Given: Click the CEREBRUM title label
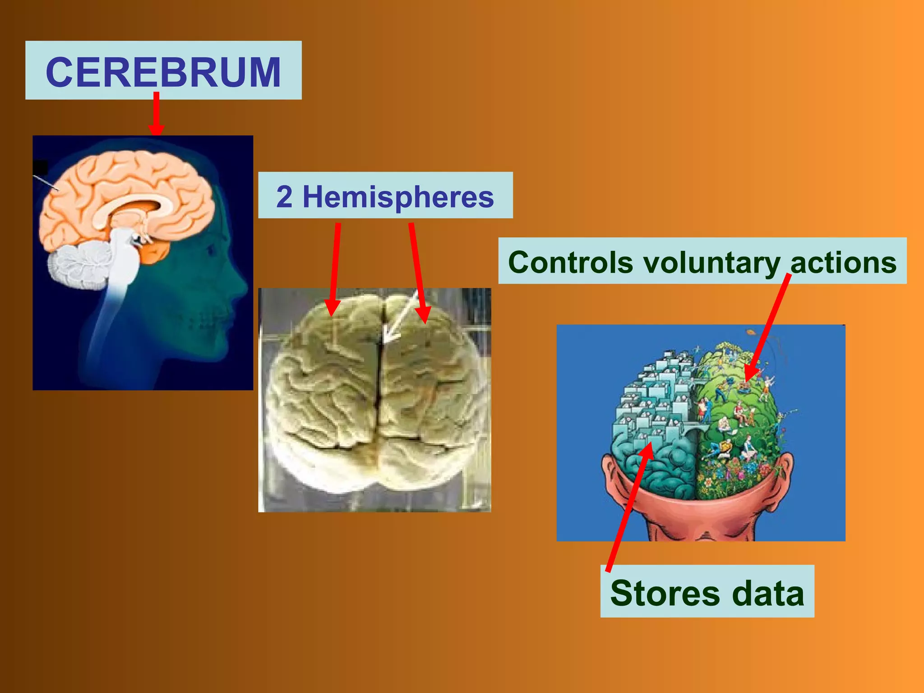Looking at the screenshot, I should coord(163,71).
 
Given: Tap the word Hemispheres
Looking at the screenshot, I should coord(398,197).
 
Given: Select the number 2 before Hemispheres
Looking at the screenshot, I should coord(284,197).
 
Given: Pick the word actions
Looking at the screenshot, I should coord(843,262).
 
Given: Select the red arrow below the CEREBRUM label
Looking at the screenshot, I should coord(156,113).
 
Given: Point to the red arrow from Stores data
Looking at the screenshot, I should coord(630,505).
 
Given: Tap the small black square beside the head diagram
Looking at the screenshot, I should coord(41,167).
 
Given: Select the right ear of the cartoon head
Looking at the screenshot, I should coord(785,469).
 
